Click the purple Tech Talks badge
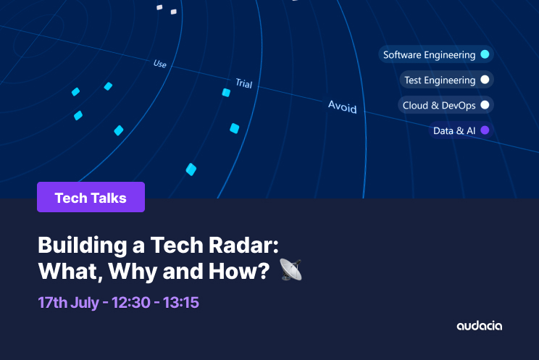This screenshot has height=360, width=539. click(x=91, y=198)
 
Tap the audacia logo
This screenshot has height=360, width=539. click(x=479, y=326)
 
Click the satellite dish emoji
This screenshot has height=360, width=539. click(x=291, y=270)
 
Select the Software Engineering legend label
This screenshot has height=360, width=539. click(x=429, y=55)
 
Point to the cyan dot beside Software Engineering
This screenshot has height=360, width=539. click(x=485, y=54)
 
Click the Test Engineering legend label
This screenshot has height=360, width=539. click(x=440, y=80)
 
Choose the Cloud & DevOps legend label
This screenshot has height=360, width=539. click(x=439, y=106)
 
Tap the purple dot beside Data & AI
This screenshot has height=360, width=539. click(x=485, y=130)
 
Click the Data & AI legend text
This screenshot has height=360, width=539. click(x=454, y=131)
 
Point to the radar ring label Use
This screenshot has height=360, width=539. click(x=160, y=64)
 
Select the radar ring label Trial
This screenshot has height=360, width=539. click(x=243, y=83)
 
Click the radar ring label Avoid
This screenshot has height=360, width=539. click(x=342, y=106)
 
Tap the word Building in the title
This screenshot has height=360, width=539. click(x=80, y=245)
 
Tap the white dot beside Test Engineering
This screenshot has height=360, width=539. click(x=485, y=80)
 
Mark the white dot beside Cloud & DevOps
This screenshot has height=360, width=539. click(x=485, y=105)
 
